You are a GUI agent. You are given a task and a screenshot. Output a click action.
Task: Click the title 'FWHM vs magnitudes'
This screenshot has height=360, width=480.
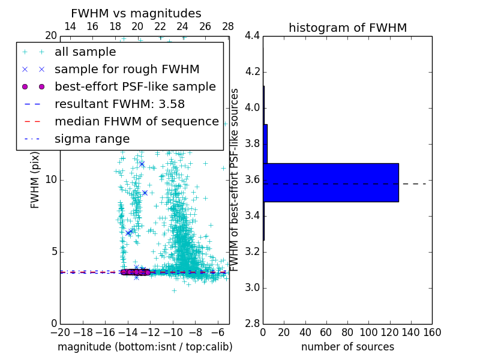[x=136, y=13]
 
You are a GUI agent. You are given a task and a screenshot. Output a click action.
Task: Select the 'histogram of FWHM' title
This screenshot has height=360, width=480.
[x=347, y=28]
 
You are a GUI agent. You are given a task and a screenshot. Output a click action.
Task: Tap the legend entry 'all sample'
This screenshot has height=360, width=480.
[x=85, y=52]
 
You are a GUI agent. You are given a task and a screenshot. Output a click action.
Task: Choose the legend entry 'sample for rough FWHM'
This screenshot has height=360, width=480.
[x=127, y=69]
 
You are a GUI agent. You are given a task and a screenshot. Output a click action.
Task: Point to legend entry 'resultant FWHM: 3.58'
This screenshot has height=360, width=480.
[x=119, y=104]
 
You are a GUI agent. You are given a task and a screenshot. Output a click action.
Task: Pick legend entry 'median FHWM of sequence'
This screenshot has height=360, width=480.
[x=136, y=121]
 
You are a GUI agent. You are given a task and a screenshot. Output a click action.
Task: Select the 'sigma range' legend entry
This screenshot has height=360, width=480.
[x=92, y=139]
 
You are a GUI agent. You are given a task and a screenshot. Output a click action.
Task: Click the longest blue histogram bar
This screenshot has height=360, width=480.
[x=331, y=182]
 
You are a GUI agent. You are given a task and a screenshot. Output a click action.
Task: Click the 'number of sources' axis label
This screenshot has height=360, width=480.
[x=347, y=347]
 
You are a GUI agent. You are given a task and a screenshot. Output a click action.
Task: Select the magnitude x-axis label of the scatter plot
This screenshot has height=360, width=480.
[x=145, y=347]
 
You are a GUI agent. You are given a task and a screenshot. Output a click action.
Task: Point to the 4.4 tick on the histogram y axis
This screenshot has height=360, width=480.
[x=252, y=36]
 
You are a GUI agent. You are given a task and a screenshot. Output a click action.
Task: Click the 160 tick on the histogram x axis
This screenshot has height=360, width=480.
[x=432, y=332]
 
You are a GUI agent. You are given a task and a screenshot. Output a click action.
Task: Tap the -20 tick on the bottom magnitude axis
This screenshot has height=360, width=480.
[x=60, y=332]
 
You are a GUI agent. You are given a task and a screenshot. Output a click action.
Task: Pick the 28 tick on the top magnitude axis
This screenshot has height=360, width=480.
[x=228, y=26]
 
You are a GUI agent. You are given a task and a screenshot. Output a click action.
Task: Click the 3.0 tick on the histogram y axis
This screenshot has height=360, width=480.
[x=252, y=287]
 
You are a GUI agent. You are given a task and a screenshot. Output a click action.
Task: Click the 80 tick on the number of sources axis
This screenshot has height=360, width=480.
[x=347, y=332]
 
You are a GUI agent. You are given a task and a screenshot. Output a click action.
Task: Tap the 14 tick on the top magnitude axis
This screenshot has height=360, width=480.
[x=70, y=26]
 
